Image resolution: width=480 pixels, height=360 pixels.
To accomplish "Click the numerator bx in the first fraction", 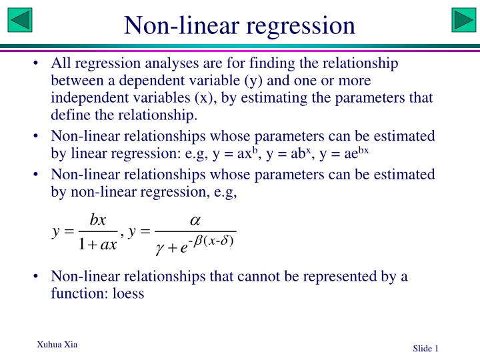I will tap(97, 220).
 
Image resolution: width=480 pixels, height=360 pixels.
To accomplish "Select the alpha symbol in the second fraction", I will tap(196, 219).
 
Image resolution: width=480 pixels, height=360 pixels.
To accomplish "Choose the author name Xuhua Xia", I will tap(57, 345).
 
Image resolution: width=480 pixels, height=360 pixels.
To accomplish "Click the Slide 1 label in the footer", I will tap(425, 349).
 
